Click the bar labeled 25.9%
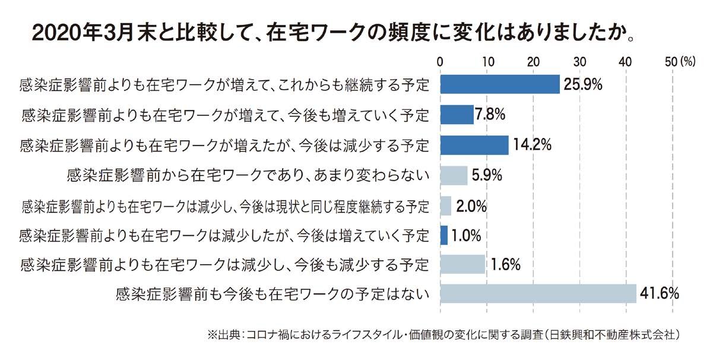(499, 84)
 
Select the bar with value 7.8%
(457, 114)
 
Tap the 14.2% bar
(474, 145)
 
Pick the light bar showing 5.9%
(454, 175)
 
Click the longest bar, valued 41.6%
(538, 293)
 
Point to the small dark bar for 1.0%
(443, 235)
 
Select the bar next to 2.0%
(445, 206)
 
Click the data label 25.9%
(583, 84)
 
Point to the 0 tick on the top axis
(440, 61)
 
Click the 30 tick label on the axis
(579, 61)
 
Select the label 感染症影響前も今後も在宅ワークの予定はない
(273, 293)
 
